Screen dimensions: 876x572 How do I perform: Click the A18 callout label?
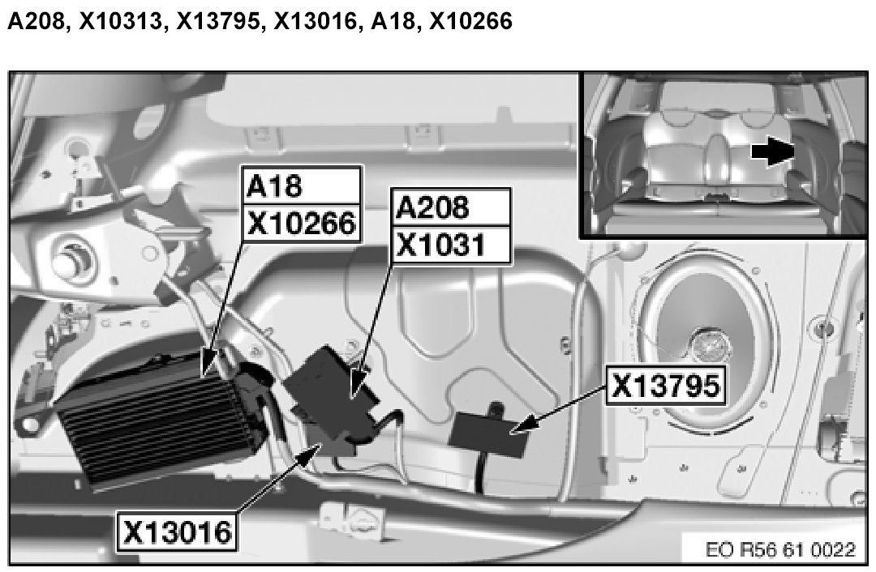coord(303,186)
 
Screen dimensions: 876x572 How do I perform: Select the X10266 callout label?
coord(303,224)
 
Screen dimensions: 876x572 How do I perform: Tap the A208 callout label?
coord(451,207)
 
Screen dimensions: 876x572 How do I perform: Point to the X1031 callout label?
coord(451,245)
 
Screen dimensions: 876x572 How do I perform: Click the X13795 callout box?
coord(666,385)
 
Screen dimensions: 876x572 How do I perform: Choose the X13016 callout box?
coord(177,531)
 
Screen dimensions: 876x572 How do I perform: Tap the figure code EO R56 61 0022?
coord(780,549)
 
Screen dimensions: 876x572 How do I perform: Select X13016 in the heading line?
coord(316,21)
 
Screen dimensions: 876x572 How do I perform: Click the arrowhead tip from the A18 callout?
coord(204,372)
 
